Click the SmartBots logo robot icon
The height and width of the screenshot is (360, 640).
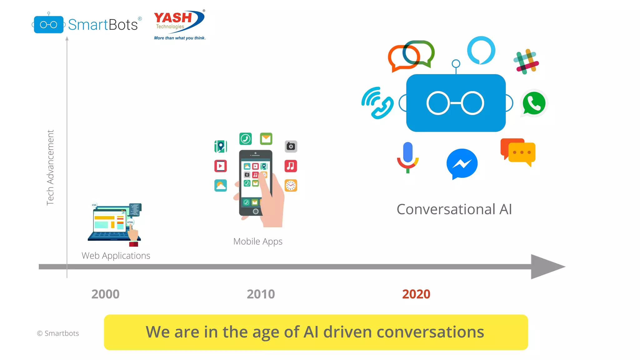click(48, 24)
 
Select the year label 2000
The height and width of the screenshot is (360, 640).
click(105, 294)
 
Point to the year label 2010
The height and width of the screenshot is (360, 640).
click(261, 294)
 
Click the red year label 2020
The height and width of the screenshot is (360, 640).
click(416, 294)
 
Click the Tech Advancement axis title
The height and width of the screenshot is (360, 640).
click(50, 167)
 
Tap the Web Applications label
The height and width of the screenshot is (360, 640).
click(116, 256)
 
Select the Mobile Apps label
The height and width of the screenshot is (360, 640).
click(258, 242)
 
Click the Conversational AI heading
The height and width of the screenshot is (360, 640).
click(454, 209)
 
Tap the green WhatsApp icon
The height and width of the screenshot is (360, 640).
click(534, 103)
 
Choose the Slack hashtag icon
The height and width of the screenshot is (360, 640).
click(526, 62)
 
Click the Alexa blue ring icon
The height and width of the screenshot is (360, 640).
click(481, 50)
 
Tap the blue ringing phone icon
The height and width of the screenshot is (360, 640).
click(377, 103)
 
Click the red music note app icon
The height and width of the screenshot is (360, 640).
click(291, 166)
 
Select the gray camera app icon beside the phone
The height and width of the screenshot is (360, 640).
click(291, 146)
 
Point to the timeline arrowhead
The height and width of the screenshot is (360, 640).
click(547, 267)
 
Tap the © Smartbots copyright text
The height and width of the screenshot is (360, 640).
click(58, 333)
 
